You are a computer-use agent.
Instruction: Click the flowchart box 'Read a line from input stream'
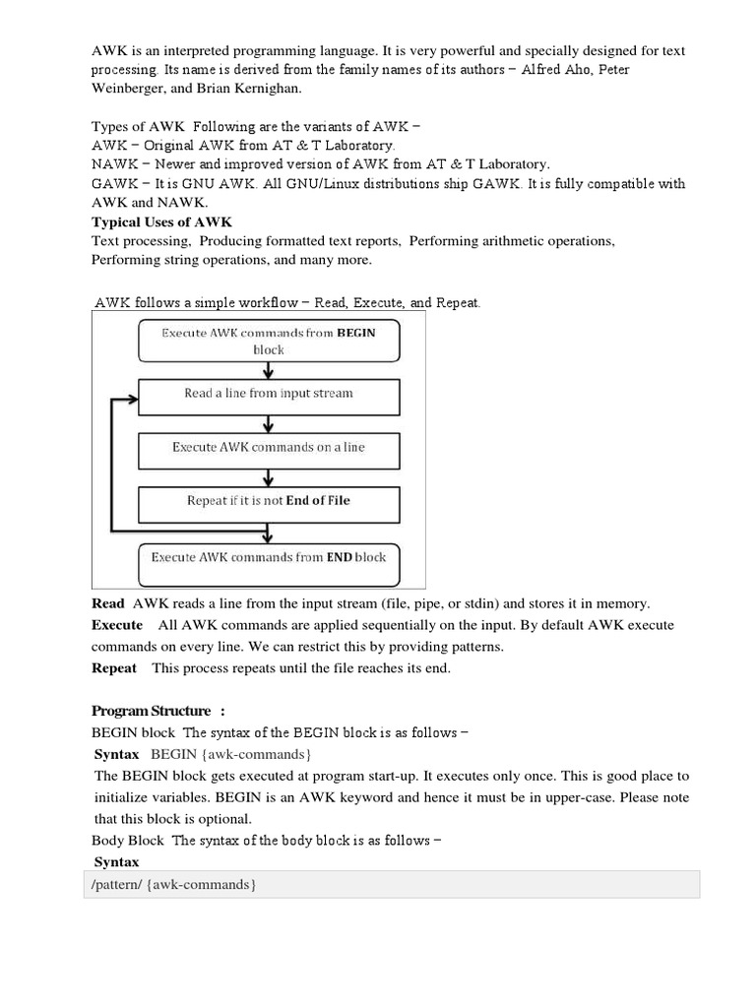coord(269,394)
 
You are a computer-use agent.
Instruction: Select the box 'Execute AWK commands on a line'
coord(269,447)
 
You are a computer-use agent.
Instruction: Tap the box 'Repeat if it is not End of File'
coord(269,500)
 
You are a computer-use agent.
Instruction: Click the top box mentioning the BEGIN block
coord(269,341)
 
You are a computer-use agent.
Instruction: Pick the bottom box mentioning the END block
coord(269,557)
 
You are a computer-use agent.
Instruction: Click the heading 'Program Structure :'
coord(158,711)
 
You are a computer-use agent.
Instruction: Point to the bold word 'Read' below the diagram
coord(108,603)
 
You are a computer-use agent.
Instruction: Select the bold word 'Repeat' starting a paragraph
coord(114,668)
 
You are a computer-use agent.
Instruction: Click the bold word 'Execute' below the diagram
coord(117,625)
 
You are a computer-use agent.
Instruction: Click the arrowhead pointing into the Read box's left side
coord(131,402)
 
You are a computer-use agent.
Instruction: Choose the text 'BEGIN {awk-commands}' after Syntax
coord(231,754)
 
